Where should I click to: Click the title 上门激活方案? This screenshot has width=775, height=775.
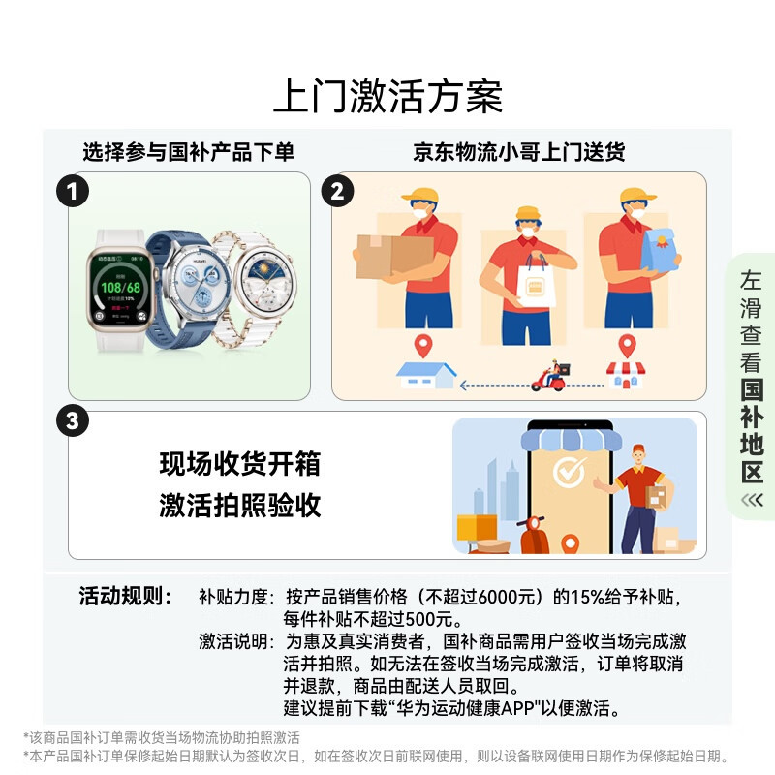coord(387,97)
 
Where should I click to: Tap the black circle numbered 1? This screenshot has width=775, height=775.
coord(72,191)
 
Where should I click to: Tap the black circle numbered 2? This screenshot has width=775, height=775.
coord(336,191)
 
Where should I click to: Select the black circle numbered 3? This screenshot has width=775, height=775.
coord(72,421)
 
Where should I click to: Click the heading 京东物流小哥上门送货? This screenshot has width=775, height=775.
coord(518,152)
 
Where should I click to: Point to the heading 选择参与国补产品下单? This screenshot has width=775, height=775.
coord(188,152)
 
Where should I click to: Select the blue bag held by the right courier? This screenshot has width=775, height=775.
coord(660,251)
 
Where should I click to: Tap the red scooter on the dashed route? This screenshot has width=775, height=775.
coord(550,377)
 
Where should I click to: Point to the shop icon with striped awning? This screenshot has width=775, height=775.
coord(626,375)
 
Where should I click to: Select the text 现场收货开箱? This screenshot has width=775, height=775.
coord(239,465)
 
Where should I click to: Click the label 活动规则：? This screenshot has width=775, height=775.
coord(125,596)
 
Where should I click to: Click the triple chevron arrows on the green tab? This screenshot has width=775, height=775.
coord(752,500)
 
